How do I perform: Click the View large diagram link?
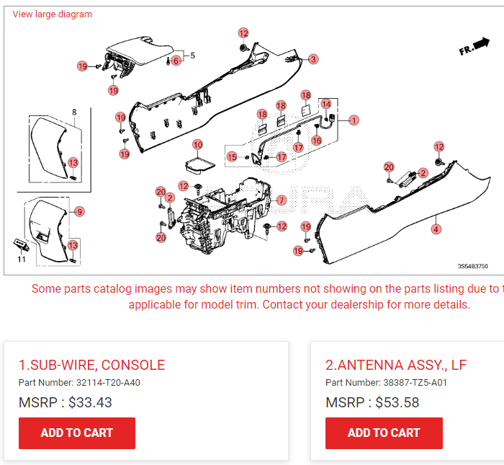(x=52, y=14)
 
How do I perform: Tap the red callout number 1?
(x=354, y=120)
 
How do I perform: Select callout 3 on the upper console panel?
(x=312, y=59)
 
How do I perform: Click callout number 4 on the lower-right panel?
(x=436, y=229)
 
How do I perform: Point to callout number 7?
(x=282, y=200)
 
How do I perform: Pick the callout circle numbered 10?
(x=197, y=145)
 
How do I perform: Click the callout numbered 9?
(x=79, y=211)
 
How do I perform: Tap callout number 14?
(x=326, y=104)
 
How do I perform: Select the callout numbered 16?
(x=317, y=141)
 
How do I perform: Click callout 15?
(x=232, y=156)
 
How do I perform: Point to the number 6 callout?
(x=176, y=61)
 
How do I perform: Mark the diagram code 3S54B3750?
(x=472, y=266)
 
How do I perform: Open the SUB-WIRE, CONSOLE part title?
(x=91, y=365)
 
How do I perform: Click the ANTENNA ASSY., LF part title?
(x=395, y=365)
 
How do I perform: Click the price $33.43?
(x=90, y=402)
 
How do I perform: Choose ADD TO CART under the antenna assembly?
(x=384, y=433)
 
